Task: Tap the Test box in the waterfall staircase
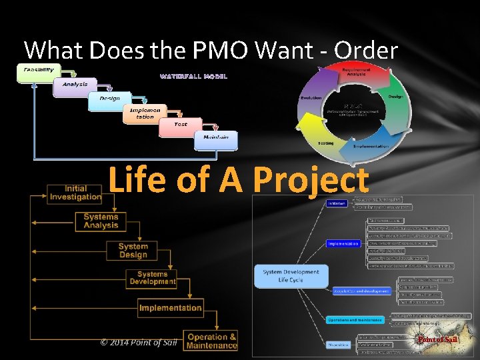click(x=181, y=125)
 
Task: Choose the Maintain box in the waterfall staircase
click(x=215, y=138)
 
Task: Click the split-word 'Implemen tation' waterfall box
click(x=145, y=113)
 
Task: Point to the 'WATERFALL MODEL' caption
click(x=193, y=76)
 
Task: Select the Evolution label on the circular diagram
click(x=311, y=97)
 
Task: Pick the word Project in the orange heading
click(x=311, y=180)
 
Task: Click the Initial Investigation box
click(x=75, y=193)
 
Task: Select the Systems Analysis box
click(x=101, y=221)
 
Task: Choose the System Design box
click(x=133, y=250)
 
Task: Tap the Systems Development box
click(x=152, y=278)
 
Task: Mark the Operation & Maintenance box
click(x=212, y=341)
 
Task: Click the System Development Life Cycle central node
click(x=291, y=276)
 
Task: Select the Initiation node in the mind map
click(x=337, y=203)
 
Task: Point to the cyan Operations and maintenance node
click(x=355, y=319)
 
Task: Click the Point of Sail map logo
click(x=437, y=340)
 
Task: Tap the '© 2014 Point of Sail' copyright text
click(x=139, y=342)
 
